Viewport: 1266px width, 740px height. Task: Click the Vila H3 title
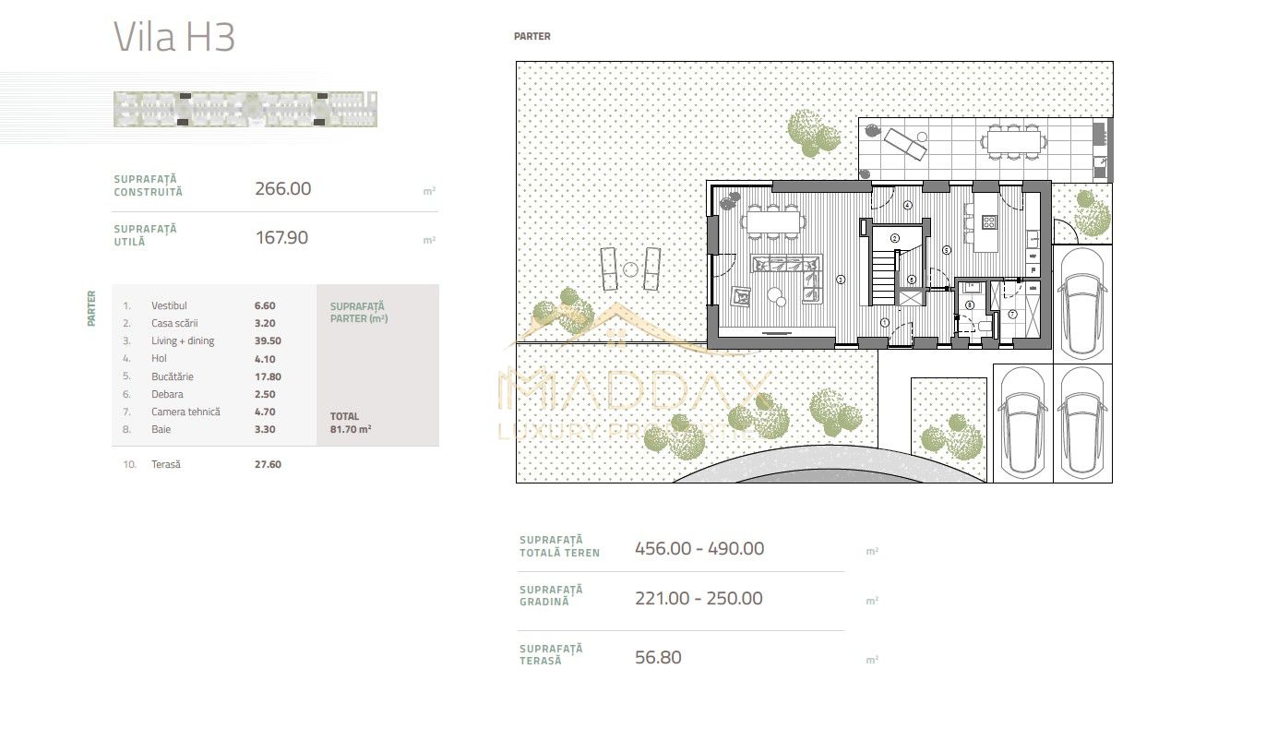[x=174, y=37]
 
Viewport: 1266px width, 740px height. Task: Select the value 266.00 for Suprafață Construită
[x=282, y=189]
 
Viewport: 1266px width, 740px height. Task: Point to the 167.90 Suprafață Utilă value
[x=281, y=237]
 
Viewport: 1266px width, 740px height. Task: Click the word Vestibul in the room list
[x=169, y=305]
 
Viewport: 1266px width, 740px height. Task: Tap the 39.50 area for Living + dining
[x=268, y=340]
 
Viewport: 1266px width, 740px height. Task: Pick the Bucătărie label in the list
[x=173, y=376]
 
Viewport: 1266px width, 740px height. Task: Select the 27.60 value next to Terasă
[x=268, y=464]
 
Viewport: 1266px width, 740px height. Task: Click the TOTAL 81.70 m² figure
[x=351, y=423]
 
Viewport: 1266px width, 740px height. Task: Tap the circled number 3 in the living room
[x=841, y=280]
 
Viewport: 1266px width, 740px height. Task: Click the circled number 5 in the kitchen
[x=947, y=250]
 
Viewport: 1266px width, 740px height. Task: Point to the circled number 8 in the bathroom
[x=970, y=304]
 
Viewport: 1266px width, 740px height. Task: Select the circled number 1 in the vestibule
[x=885, y=323]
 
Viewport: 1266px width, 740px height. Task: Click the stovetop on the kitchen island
[x=989, y=222]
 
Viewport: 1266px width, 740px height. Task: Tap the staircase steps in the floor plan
[x=884, y=277]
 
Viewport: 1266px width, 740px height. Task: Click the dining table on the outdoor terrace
[x=1013, y=142]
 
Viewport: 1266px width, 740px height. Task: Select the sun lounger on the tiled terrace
[x=905, y=144]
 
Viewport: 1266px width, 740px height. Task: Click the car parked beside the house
[x=1082, y=304]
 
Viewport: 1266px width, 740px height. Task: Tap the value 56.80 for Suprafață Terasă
[x=658, y=658]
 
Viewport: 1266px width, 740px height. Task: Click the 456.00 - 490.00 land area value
[x=699, y=548]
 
